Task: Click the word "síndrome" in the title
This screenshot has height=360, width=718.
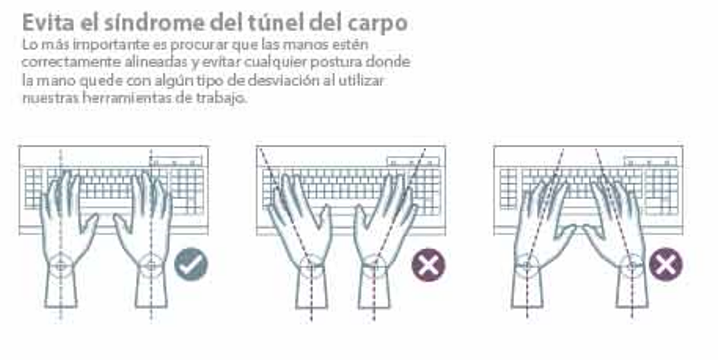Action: [x=154, y=22]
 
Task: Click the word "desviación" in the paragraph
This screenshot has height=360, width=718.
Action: [x=288, y=81]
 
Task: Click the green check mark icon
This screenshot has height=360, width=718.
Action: [x=191, y=264]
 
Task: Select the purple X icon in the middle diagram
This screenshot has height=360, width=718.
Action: [x=428, y=265]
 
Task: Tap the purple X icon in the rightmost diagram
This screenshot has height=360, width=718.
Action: [x=665, y=264]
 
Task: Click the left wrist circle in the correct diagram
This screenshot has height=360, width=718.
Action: [x=61, y=253]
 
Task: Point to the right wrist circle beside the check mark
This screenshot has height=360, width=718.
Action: [x=151, y=253]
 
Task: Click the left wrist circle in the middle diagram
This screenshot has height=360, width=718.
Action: [x=311, y=255]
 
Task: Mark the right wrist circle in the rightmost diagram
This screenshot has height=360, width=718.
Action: [x=632, y=254]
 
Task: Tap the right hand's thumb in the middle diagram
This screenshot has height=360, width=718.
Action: [x=362, y=221]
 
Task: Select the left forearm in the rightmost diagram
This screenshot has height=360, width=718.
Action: [x=527, y=289]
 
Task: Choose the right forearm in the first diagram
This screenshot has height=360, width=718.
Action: [x=151, y=289]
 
